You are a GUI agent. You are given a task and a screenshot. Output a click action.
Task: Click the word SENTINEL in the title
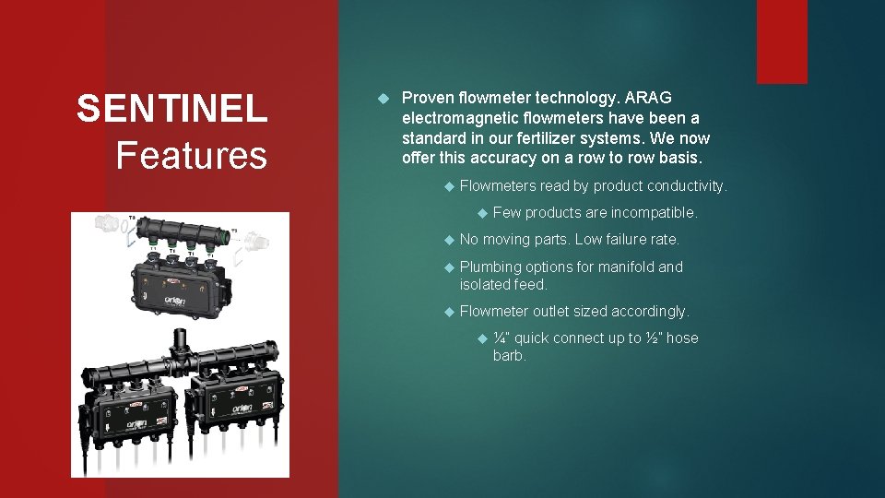(172, 109)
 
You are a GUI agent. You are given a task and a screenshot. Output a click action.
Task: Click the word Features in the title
(192, 155)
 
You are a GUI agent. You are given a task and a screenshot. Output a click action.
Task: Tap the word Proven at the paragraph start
(429, 98)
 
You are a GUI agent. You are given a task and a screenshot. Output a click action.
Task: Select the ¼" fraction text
(501, 338)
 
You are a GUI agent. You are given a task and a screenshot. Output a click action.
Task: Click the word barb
(509, 356)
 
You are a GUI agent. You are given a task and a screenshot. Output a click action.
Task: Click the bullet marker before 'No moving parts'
(447, 240)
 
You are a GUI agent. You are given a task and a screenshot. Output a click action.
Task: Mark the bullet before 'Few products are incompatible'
(480, 213)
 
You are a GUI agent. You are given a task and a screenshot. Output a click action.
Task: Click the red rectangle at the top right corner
(782, 41)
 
